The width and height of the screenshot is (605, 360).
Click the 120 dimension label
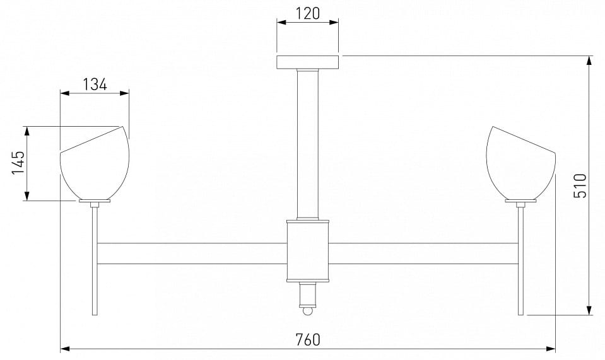pyautogui.click(x=308, y=13)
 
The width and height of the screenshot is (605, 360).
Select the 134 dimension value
pyautogui.click(x=95, y=84)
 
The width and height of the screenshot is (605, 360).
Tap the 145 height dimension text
pyautogui.click(x=18, y=162)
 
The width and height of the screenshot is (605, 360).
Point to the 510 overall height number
pyautogui.click(x=580, y=185)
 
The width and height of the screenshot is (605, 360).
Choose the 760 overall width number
pyautogui.click(x=308, y=340)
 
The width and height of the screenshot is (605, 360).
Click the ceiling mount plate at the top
pyautogui.click(x=308, y=62)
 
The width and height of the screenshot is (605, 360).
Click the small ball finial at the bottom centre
pyautogui.click(x=307, y=311)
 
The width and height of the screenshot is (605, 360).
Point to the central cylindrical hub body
pyautogui.click(x=307, y=250)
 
